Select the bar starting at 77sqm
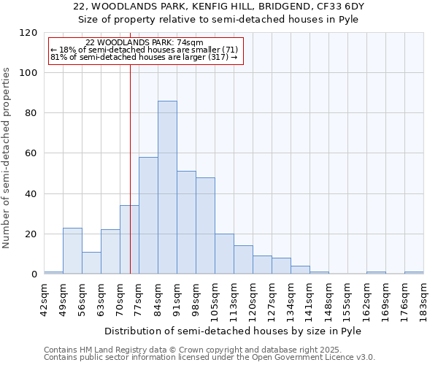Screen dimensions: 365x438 point(148,215)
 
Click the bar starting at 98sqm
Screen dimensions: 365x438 point(205,226)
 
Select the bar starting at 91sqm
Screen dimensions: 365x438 point(186,223)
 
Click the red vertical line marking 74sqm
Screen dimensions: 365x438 point(130,161)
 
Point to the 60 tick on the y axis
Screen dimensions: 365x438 point(32,153)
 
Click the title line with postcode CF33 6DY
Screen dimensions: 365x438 point(219,6)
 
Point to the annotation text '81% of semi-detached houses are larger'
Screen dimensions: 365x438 point(144,57)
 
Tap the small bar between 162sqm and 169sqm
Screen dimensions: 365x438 point(376,272)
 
